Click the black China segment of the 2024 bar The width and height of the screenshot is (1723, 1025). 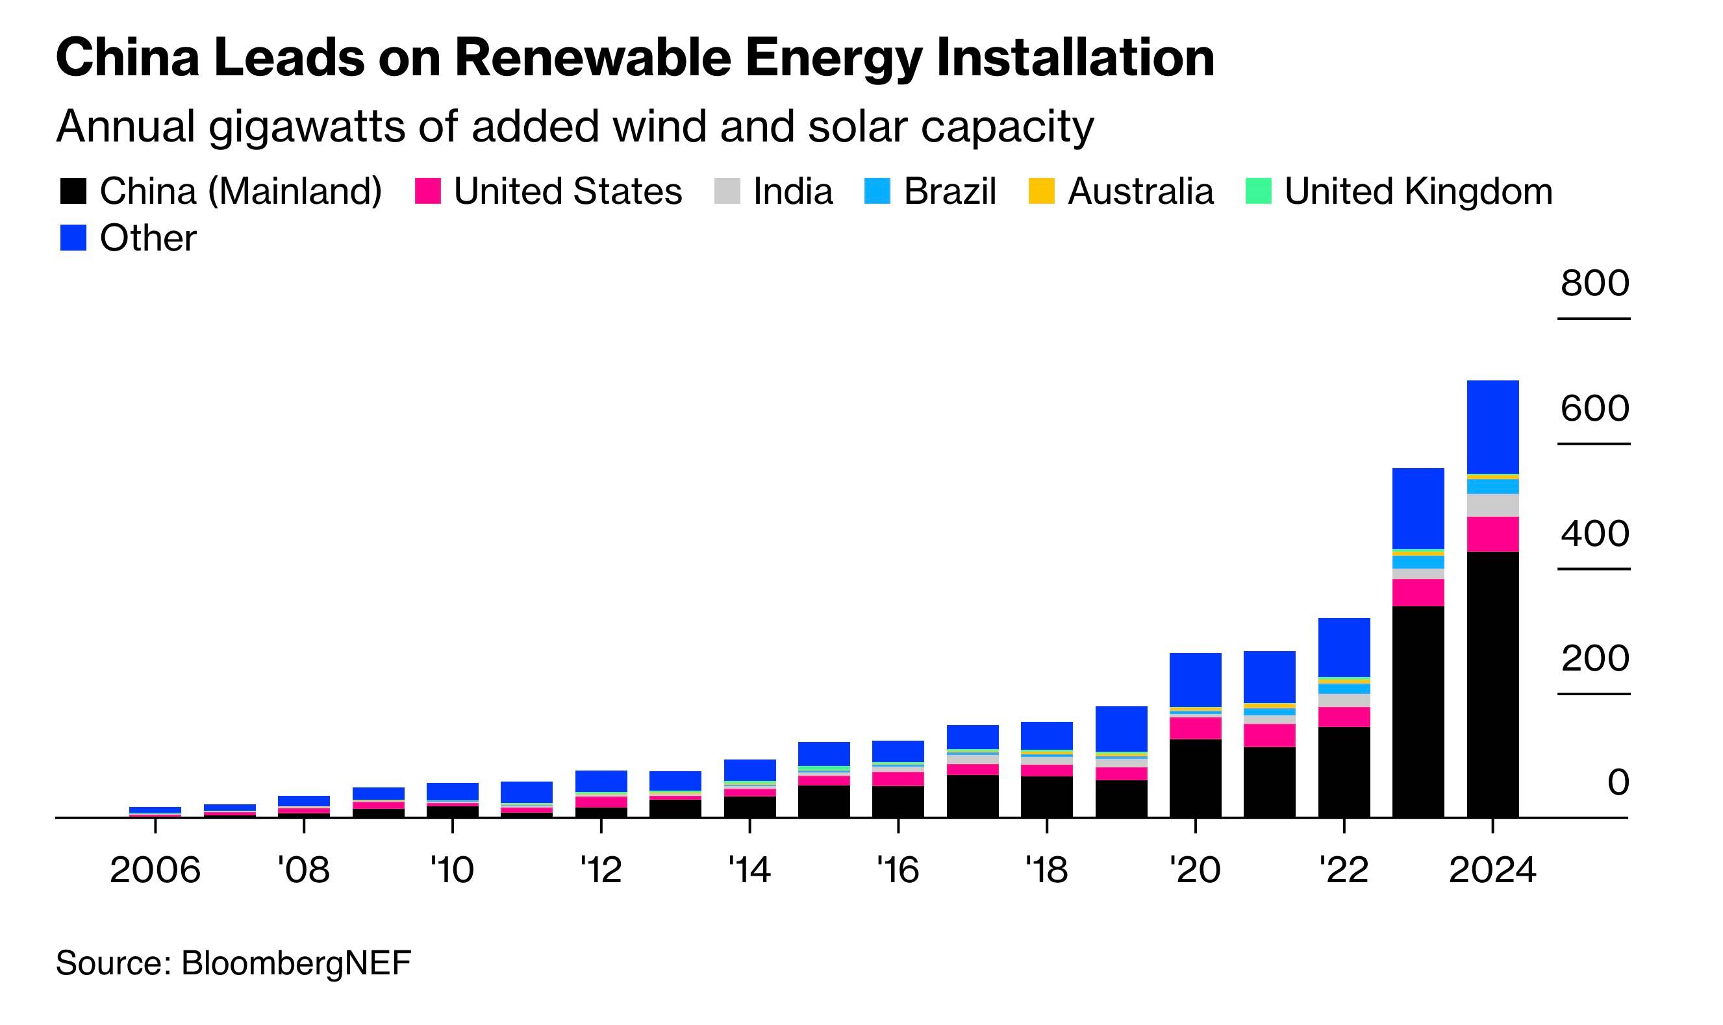(x=1492, y=684)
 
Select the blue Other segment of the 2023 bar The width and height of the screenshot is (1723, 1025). (x=1418, y=508)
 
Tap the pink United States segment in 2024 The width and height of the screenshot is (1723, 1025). (x=1492, y=534)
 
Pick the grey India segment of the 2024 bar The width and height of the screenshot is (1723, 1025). (x=1492, y=505)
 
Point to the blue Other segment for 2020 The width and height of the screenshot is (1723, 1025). (x=1195, y=680)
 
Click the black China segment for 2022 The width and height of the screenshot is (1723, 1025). (x=1344, y=772)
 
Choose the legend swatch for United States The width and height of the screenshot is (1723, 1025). (x=427, y=191)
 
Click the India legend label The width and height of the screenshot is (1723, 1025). (x=792, y=191)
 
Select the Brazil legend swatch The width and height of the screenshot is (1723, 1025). (x=877, y=191)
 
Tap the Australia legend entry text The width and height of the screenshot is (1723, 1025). (x=1140, y=191)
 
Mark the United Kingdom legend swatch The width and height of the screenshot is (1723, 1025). (x=1258, y=191)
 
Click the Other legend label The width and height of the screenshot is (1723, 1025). (x=148, y=238)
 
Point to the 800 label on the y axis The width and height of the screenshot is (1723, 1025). (x=1594, y=283)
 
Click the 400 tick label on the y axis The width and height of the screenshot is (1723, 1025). (x=1594, y=534)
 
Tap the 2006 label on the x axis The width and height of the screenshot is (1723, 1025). (x=155, y=870)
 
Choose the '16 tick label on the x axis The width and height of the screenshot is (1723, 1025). (x=898, y=870)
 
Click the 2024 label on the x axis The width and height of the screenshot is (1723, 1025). (x=1492, y=870)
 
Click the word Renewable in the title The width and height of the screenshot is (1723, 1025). (x=592, y=57)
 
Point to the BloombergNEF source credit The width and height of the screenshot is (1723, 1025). (x=296, y=963)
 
